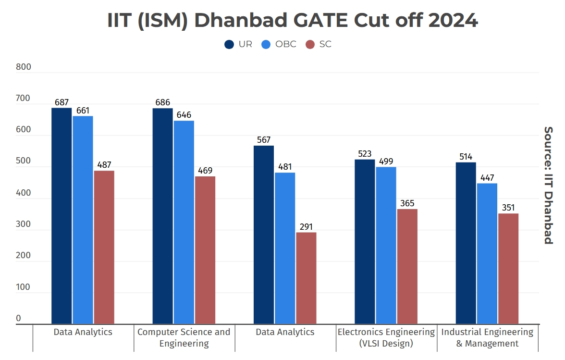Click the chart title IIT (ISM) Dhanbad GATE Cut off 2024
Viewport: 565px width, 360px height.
(x=292, y=21)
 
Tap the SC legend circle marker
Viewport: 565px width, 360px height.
(x=310, y=44)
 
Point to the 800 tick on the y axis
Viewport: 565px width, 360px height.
(x=23, y=67)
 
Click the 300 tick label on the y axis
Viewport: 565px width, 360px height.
(x=23, y=224)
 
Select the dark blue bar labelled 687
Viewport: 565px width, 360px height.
(x=61, y=216)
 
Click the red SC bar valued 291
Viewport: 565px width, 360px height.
(x=306, y=278)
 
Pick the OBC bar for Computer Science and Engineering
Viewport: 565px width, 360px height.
(x=184, y=222)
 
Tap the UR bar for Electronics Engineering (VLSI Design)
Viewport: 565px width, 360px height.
(x=365, y=242)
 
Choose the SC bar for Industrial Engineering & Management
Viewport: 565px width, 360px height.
(x=508, y=269)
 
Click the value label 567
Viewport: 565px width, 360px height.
(x=264, y=140)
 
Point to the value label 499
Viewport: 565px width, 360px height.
(x=386, y=161)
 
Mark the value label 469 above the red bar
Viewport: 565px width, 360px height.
(x=205, y=171)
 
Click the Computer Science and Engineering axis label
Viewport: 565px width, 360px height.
(x=184, y=338)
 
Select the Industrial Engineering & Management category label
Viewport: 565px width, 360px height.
(x=487, y=338)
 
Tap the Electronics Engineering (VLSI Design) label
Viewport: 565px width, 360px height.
(x=386, y=338)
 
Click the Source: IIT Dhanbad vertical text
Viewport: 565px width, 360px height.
(x=548, y=185)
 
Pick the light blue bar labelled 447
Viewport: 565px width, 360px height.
(x=487, y=254)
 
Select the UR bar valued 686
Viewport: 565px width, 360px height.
(x=162, y=216)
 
